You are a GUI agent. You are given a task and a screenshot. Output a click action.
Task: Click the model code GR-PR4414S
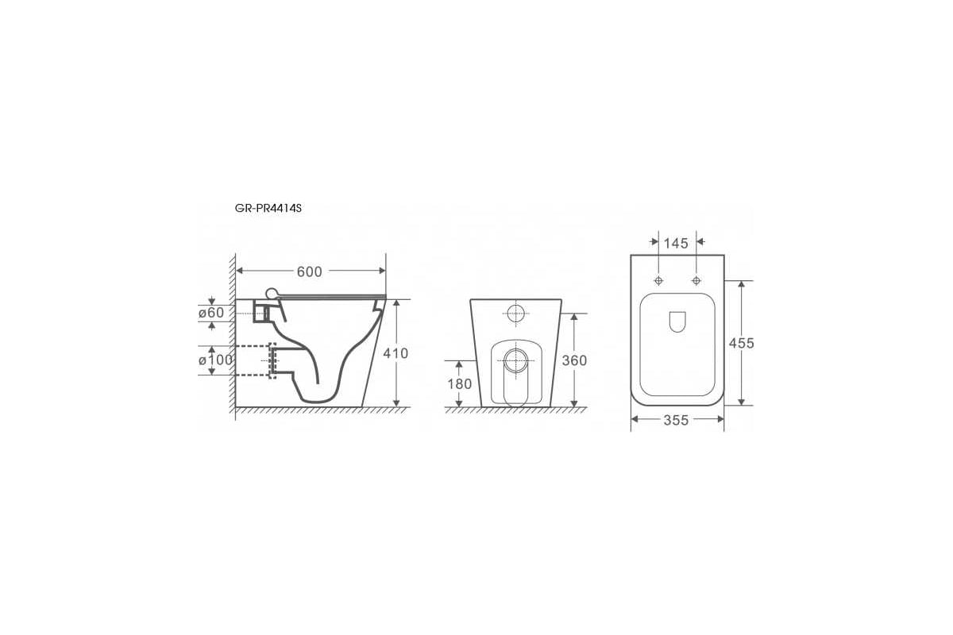point(268,209)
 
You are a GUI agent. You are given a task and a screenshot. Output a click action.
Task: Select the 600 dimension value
point(309,271)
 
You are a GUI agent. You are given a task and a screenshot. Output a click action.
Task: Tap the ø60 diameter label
point(211,313)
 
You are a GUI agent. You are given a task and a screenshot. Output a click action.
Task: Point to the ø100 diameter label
point(216,360)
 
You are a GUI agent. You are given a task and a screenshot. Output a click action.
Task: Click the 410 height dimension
point(395,353)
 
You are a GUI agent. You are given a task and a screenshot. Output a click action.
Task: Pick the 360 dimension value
point(574,360)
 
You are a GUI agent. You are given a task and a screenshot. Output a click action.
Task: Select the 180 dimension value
point(460,384)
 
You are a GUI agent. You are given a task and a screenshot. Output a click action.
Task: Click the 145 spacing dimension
point(676,243)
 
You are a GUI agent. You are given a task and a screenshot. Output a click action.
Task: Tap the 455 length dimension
point(742,343)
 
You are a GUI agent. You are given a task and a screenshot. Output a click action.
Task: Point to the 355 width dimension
point(676,420)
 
